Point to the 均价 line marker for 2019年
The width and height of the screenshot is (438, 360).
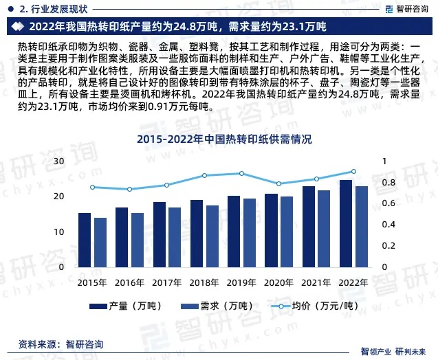pos(241,173)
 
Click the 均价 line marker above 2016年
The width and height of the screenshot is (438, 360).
pos(129,189)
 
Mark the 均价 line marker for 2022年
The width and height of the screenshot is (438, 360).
pos(353,171)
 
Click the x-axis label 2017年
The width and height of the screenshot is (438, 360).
pos(166,282)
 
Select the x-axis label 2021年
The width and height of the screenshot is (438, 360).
pos(316,282)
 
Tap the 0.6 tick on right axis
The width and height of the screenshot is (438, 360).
pos(369,203)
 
